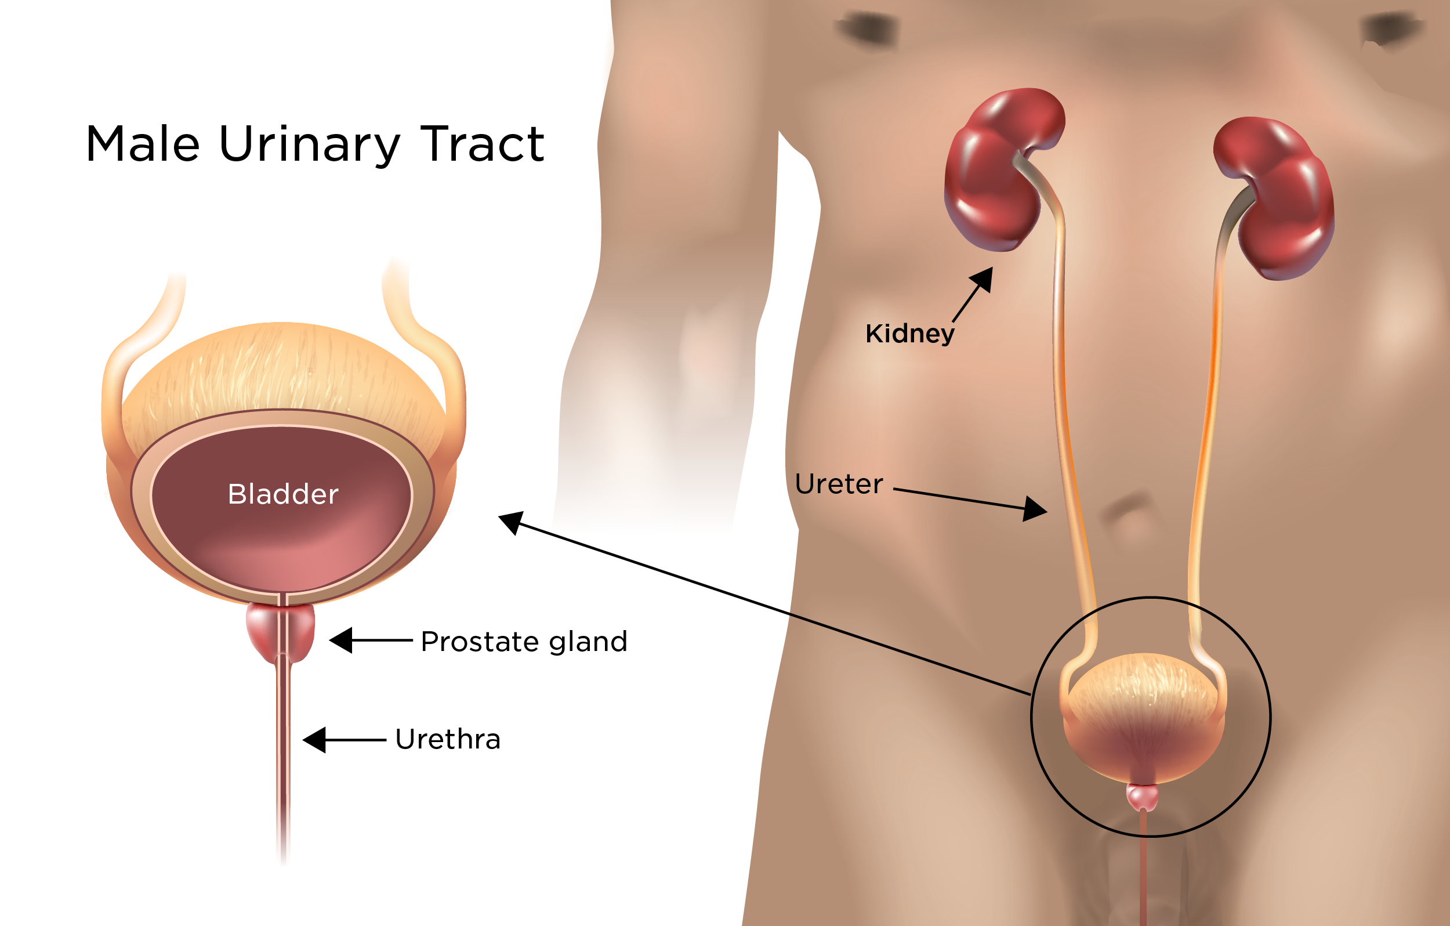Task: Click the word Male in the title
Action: coord(143,144)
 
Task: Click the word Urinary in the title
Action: coord(310,146)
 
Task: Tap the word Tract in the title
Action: coord(483,144)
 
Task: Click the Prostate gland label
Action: coord(524,641)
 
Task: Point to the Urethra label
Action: coord(447,739)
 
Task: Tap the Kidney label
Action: coord(909,334)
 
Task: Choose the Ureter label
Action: coord(839,484)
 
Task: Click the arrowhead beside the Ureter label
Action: coord(1035,509)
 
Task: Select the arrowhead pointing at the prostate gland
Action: coord(342,640)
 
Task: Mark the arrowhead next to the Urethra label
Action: coord(315,740)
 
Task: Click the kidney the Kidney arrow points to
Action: coord(999,172)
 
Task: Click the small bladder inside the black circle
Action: coord(1142,717)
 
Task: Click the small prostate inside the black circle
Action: coord(1142,797)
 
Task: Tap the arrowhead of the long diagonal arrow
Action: coord(510,521)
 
